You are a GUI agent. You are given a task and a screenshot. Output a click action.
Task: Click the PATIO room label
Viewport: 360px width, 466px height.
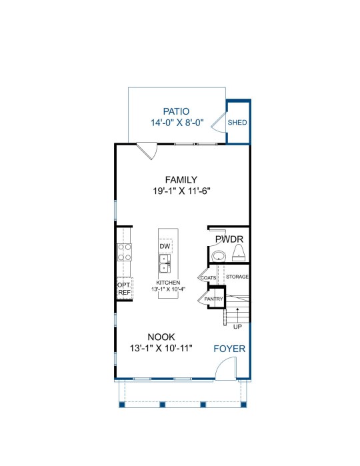click(x=176, y=111)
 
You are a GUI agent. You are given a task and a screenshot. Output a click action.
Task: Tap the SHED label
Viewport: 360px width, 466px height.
click(x=237, y=123)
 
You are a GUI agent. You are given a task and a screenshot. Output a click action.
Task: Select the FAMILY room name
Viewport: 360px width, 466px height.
click(x=181, y=180)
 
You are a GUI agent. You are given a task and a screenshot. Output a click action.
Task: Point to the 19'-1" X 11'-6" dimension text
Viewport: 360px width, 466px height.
click(x=181, y=191)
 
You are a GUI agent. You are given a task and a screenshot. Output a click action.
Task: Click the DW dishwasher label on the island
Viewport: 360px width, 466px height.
click(x=165, y=246)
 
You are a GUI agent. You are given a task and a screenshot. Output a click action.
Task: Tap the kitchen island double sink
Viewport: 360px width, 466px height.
click(x=165, y=263)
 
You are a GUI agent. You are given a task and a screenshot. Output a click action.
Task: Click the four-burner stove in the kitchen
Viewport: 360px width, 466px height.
click(x=124, y=252)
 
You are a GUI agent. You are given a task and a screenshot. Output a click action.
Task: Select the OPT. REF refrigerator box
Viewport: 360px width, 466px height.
click(x=124, y=289)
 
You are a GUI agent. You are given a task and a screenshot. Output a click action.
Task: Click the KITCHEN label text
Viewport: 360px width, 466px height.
click(x=168, y=283)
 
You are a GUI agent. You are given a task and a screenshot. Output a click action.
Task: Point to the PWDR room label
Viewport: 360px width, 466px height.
click(x=229, y=239)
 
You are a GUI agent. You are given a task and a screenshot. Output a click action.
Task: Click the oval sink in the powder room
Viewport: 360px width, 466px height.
click(x=219, y=255)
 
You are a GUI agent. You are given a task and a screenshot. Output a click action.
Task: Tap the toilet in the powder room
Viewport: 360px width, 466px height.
click(x=239, y=253)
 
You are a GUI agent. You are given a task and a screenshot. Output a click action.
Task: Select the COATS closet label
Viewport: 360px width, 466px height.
click(x=209, y=278)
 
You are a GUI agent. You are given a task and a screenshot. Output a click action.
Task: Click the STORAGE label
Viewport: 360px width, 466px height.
click(x=237, y=277)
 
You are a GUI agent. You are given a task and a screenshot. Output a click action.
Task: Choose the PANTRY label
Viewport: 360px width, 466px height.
click(x=213, y=299)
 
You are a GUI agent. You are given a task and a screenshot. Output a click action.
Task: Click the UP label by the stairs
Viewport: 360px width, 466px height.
click(x=237, y=327)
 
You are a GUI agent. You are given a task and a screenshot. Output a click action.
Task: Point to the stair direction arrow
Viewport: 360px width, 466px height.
click(x=237, y=315)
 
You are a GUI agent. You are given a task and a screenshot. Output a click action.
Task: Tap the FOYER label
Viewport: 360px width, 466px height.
click(x=229, y=349)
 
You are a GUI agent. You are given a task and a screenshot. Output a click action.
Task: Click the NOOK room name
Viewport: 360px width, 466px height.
click(x=161, y=337)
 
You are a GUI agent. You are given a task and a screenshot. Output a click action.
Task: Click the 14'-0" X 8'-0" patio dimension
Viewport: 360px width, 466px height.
click(x=177, y=123)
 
